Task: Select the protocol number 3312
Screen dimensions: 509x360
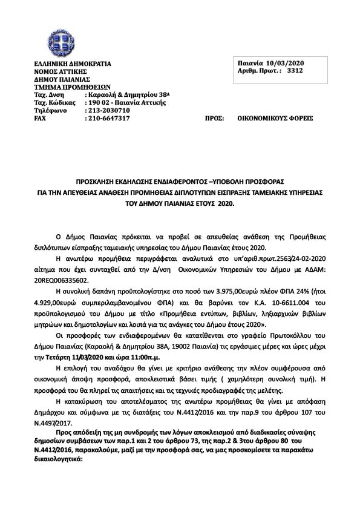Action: pyautogui.click(x=295, y=71)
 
